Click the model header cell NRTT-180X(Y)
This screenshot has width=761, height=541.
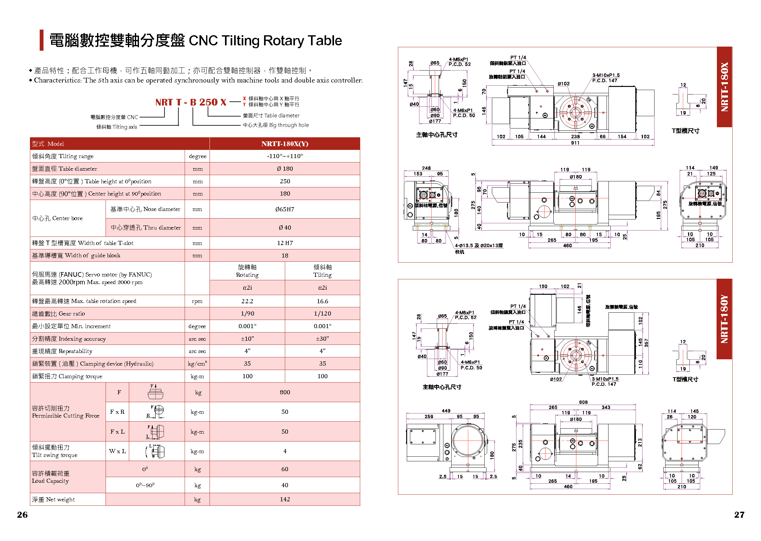pyautogui.click(x=284, y=144)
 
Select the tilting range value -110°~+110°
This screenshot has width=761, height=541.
pyautogui.click(x=285, y=156)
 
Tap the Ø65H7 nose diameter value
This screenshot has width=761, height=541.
pyautogui.click(x=284, y=209)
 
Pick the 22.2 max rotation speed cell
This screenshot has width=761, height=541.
pyautogui.click(x=247, y=301)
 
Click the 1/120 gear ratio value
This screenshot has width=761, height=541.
pyautogui.click(x=322, y=313)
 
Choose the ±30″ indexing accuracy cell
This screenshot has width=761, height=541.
pyautogui.click(x=322, y=339)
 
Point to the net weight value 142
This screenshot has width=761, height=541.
pyautogui.click(x=285, y=499)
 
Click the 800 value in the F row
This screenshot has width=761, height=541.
pyautogui.click(x=285, y=392)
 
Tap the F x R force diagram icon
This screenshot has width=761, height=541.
pyautogui.click(x=156, y=412)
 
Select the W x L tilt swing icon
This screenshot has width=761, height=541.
pyautogui.click(x=155, y=451)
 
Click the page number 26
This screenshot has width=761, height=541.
pyautogui.click(x=22, y=515)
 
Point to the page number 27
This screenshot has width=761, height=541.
pyautogui.click(x=739, y=515)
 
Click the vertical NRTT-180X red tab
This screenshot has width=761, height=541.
pyautogui.click(x=724, y=87)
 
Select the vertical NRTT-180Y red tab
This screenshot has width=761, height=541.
pyautogui.click(x=724, y=319)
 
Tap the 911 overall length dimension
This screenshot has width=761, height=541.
pyautogui.click(x=575, y=143)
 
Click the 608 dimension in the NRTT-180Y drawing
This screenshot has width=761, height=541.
pyautogui.click(x=583, y=402)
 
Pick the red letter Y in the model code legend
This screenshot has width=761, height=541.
pyautogui.click(x=244, y=105)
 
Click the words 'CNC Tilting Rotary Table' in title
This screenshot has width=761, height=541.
pyautogui.click(x=265, y=41)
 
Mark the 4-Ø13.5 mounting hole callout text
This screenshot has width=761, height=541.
pyautogui.click(x=479, y=246)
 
